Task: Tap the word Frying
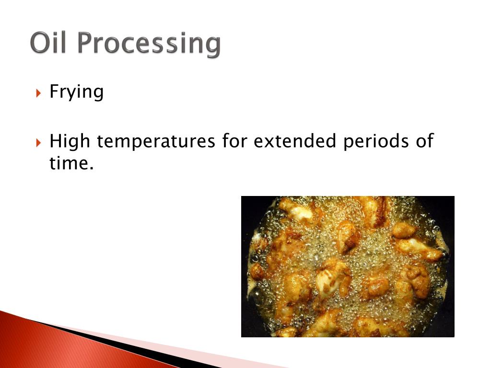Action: pyautogui.click(x=77, y=92)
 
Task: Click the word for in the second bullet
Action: pyautogui.click(x=234, y=141)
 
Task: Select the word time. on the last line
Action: pyautogui.click(x=70, y=163)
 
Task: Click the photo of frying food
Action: pyautogui.click(x=347, y=266)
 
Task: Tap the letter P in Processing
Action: pyautogui.click(x=86, y=43)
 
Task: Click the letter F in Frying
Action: pyautogui.click(x=54, y=91)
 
